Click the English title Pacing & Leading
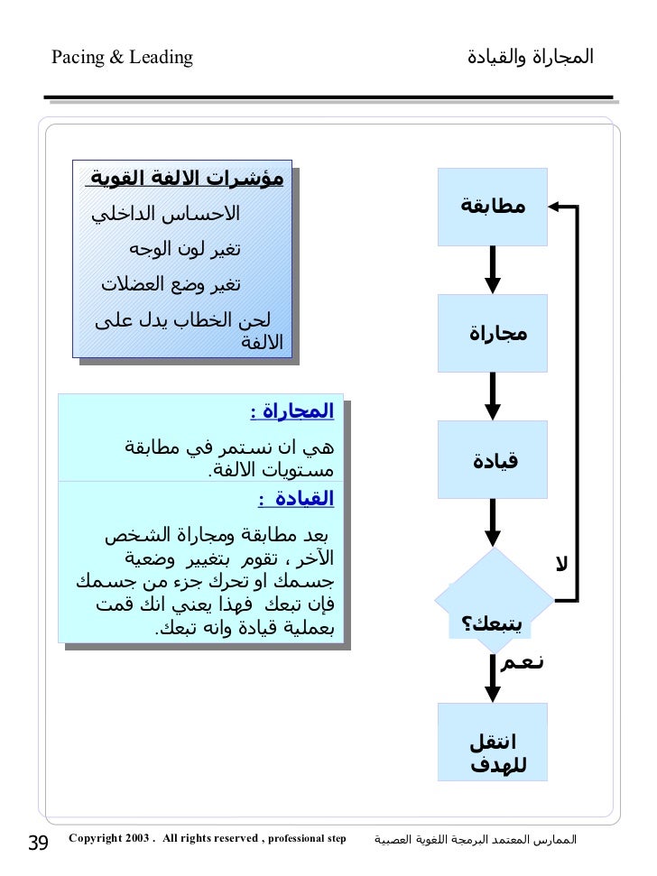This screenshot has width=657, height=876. [x=122, y=58]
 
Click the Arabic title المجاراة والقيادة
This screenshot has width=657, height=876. [x=530, y=57]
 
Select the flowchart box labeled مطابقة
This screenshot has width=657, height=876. [x=493, y=207]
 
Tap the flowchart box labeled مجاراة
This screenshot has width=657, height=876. [x=493, y=333]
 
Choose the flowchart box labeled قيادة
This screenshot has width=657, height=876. [x=493, y=460]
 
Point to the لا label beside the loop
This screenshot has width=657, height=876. [x=561, y=565]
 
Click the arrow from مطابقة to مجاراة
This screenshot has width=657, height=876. [x=493, y=269]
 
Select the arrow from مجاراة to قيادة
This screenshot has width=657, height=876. [x=493, y=395]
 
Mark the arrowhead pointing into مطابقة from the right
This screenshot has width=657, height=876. [x=557, y=207]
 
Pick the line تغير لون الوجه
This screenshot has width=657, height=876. [x=184, y=249]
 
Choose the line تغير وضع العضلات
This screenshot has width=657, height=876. [x=171, y=284]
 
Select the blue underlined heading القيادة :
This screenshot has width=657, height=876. [x=296, y=498]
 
